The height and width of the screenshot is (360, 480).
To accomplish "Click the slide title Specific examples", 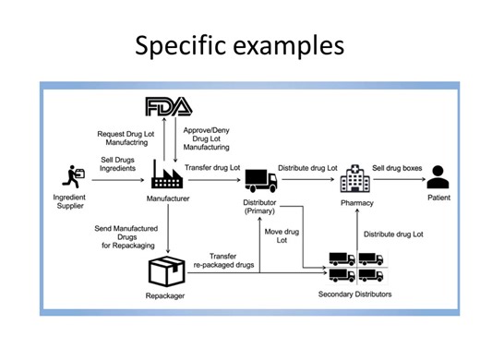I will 240,43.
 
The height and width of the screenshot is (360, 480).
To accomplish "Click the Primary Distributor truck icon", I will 261,178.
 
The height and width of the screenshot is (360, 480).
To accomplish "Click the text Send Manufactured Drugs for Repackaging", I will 127,234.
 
